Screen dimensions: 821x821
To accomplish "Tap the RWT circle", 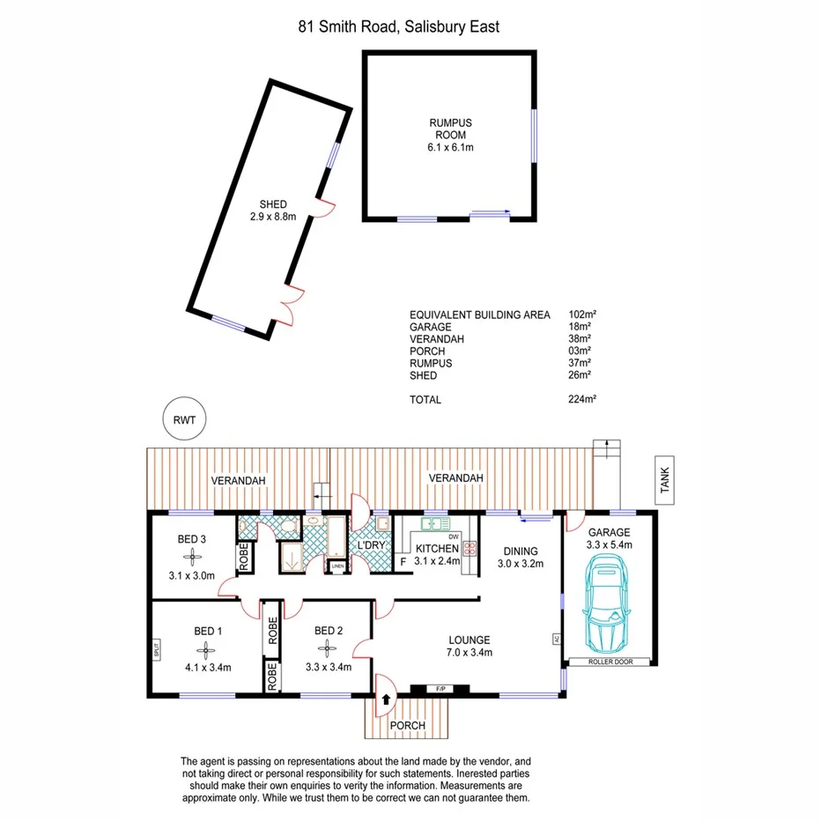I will click(x=183, y=420).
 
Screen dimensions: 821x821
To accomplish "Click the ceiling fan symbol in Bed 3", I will click(x=192, y=557).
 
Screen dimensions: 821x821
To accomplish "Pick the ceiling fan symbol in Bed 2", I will click(x=329, y=650).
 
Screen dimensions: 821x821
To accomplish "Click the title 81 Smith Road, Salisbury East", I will click(x=398, y=27).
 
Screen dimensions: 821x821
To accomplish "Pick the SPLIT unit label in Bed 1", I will click(x=156, y=652).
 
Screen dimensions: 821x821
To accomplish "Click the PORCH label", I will click(x=408, y=726).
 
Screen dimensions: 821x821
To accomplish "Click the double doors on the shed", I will click(x=288, y=304).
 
